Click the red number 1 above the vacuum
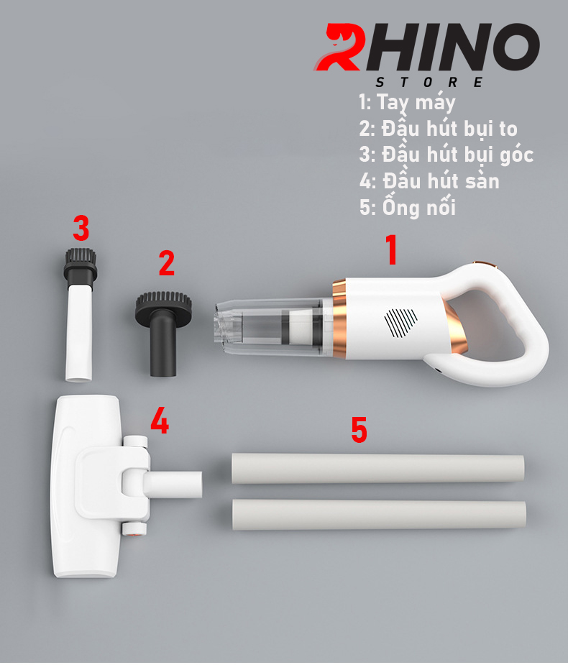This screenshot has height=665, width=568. tap(392, 249)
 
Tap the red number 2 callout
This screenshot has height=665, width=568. tap(167, 263)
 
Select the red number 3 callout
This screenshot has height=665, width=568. tap(81, 228)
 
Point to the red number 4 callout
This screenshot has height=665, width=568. tap(160, 421)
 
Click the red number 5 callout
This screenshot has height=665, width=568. tap(359, 429)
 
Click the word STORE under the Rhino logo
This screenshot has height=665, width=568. tap(429, 82)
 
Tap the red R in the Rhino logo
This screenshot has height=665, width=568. tap(339, 47)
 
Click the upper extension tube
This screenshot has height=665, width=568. tap(377, 468)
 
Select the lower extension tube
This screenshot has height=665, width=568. tap(379, 514)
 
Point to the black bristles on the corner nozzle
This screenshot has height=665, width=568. tap(81, 257)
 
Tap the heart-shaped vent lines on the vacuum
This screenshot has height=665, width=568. tap(400, 323)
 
